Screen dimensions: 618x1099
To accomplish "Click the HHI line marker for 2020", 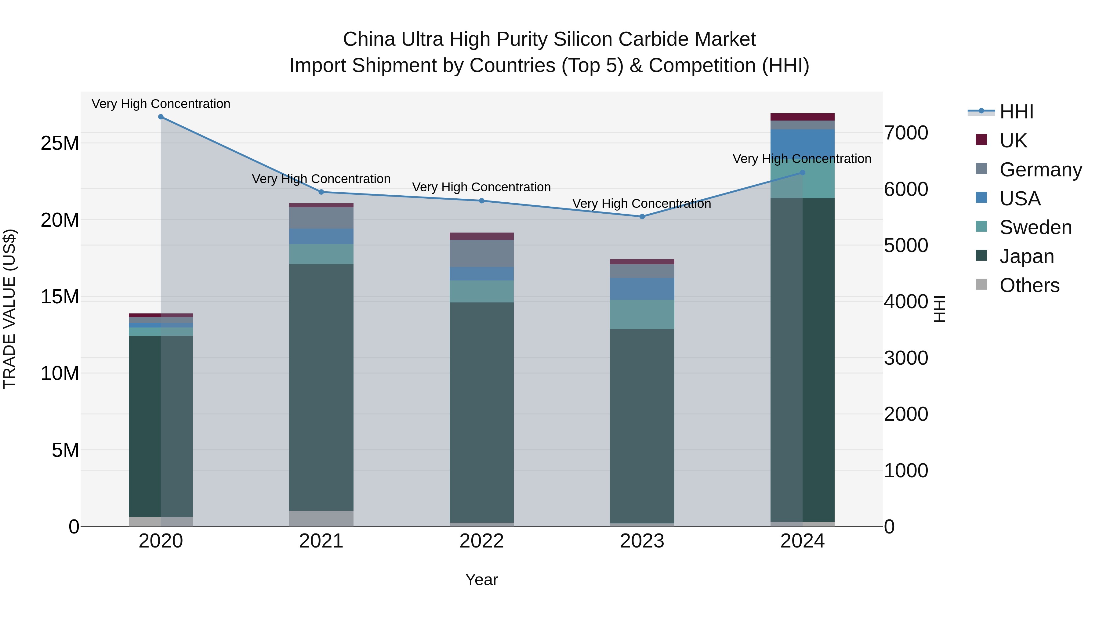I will pos(161,117).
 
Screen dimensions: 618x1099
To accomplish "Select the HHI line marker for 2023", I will pos(642,217).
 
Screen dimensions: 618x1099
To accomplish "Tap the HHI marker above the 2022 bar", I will pos(482,201).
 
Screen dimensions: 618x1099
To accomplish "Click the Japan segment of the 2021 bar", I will pos(321,387).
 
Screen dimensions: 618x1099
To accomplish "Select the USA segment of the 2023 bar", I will pos(642,289).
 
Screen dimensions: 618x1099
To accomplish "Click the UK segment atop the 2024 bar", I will pos(803,117).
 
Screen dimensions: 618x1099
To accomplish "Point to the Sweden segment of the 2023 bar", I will pos(642,314).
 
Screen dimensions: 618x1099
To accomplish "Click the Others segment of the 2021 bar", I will pos(321,518).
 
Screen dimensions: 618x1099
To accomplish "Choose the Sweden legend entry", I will pos(1036,227).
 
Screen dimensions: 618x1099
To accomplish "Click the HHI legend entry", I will pos(1016,112).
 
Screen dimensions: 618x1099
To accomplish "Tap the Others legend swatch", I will pos(981,284).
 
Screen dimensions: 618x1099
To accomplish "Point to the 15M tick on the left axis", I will pos(60,297).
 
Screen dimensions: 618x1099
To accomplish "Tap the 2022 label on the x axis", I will pos(482,541).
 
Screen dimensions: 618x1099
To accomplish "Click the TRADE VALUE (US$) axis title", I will pos(9,309).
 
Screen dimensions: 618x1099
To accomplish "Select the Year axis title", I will pos(482,580).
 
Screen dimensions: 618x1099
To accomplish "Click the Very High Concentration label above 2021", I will pos(321,179).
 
